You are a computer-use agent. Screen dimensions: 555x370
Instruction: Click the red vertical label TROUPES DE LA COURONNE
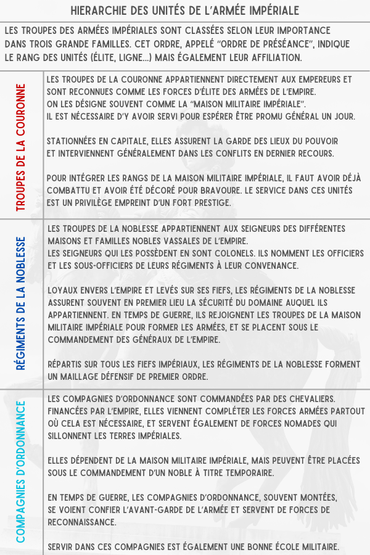pyautogui.click(x=22, y=147)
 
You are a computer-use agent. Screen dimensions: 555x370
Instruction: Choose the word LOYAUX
pyautogui.click(x=63, y=290)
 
